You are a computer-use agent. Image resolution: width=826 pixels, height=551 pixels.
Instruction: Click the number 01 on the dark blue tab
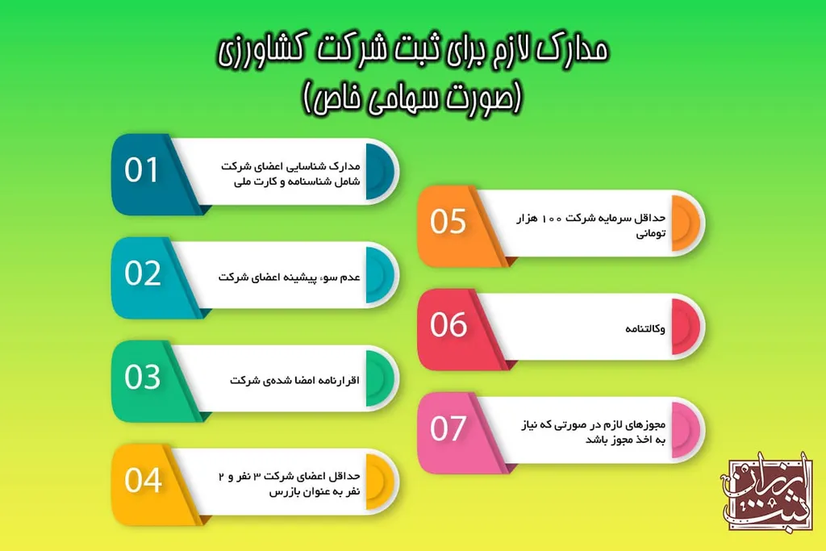142,171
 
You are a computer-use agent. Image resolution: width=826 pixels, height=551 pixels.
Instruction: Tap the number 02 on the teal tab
143,274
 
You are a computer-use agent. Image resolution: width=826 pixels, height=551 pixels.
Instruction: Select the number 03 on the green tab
143,378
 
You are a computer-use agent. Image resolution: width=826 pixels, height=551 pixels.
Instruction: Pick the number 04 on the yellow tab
143,481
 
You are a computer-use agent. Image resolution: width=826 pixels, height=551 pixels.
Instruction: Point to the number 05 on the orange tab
448,222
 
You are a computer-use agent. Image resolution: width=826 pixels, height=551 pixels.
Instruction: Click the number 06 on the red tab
448,325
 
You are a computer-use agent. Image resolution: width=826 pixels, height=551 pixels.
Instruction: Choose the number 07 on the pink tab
448,428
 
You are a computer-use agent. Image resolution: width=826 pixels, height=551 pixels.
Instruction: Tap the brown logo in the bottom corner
766,495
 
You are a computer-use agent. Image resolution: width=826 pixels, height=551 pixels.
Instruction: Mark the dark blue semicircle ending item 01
380,172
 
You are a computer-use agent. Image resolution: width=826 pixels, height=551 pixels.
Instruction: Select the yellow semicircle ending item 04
380,482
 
